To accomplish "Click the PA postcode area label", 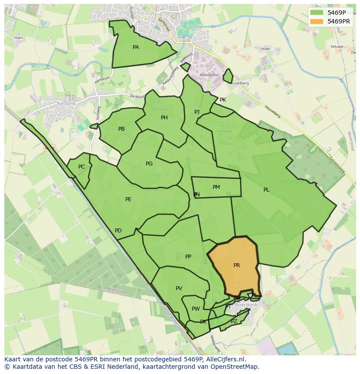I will pyautogui.click(x=136, y=47).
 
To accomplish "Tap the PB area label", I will pyautogui.click(x=121, y=129).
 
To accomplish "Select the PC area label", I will pyautogui.click(x=81, y=167).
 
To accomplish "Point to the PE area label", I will pyautogui.click(x=128, y=199).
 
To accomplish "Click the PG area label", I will pyautogui.click(x=149, y=164).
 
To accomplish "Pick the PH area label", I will pyautogui.click(x=164, y=118).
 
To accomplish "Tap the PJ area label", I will pyautogui.click(x=197, y=112).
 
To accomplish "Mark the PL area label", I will pyautogui.click(x=266, y=190).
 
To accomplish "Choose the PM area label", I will pyautogui.click(x=216, y=187).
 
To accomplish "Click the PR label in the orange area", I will pyautogui.click(x=237, y=265).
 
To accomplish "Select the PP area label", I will pyautogui.click(x=188, y=257).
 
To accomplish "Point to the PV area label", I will pyautogui.click(x=179, y=288).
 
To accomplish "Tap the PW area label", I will pyautogui.click(x=196, y=309).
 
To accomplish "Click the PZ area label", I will pyautogui.click(x=234, y=321).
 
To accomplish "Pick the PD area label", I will pyautogui.click(x=118, y=231).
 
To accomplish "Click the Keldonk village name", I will pyautogui.click(x=67, y=104).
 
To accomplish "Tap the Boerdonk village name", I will pyautogui.click(x=246, y=305).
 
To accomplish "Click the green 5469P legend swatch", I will pyautogui.click(x=317, y=13).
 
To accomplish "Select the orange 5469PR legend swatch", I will pyautogui.click(x=317, y=21).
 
